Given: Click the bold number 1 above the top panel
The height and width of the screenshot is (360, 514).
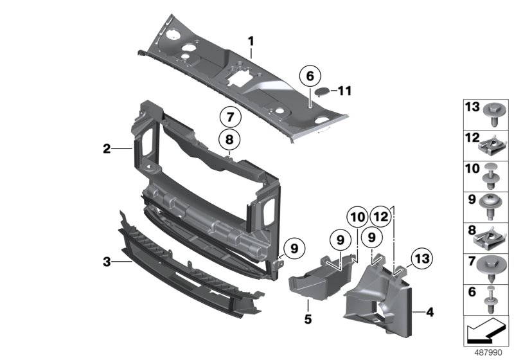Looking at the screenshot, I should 251,42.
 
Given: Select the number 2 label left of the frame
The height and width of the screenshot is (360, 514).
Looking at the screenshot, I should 107,149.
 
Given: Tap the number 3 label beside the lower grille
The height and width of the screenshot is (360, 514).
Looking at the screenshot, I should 107,262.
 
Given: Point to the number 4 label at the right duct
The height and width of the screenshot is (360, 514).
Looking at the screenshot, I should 429,313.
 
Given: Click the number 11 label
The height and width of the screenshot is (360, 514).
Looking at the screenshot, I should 345,91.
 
